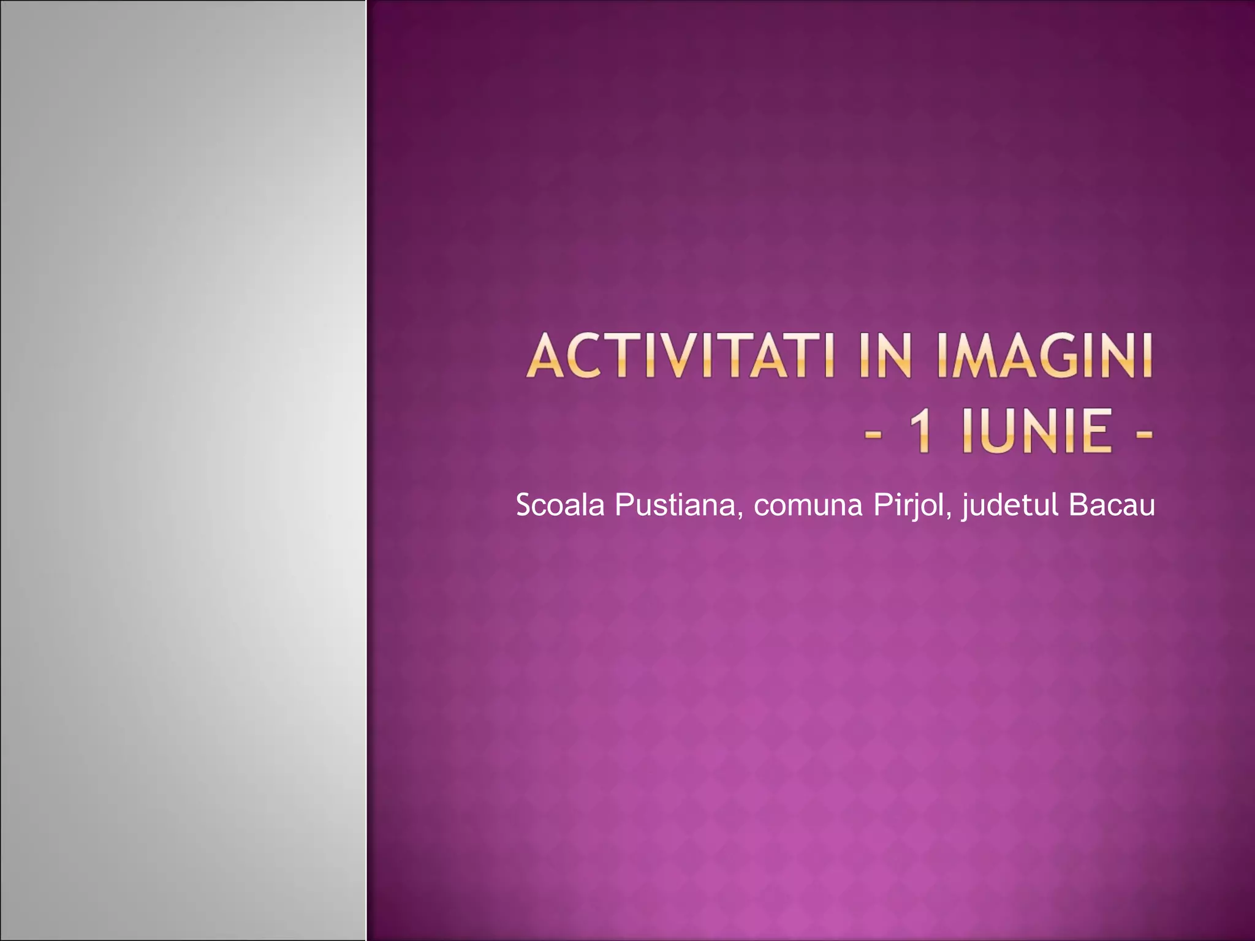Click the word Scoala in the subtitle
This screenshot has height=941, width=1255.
pyautogui.click(x=560, y=505)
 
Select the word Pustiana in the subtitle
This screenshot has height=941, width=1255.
pyautogui.click(x=674, y=505)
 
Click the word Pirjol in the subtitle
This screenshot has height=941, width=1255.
pyautogui.click(x=908, y=507)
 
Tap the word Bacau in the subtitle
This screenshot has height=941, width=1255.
pyautogui.click(x=1112, y=505)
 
